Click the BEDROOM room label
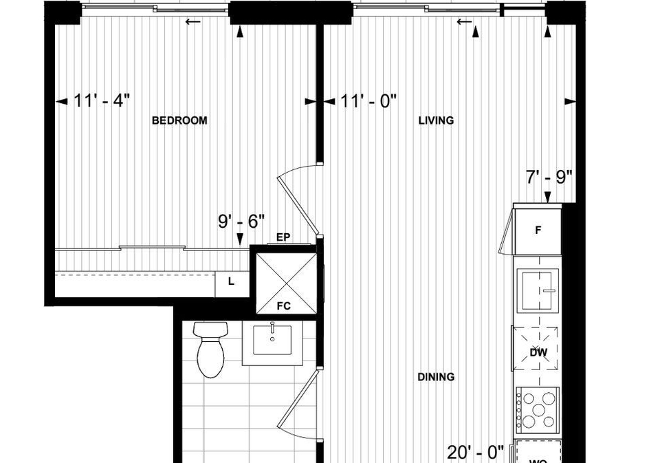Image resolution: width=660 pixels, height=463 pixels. tap(179, 120)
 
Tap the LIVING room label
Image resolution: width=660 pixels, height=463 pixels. tap(436, 120)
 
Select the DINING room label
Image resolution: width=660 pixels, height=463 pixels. tap(436, 376)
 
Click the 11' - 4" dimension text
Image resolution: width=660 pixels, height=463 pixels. tap(102, 101)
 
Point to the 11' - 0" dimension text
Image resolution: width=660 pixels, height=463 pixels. tap(368, 101)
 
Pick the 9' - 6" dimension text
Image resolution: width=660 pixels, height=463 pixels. tap(241, 221)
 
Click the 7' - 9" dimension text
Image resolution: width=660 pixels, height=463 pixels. tap(549, 177)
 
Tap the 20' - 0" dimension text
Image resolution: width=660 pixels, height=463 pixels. tap(476, 453)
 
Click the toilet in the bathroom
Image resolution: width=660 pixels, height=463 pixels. tap(210, 349)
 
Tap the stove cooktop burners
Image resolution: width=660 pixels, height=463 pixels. tap(538, 410)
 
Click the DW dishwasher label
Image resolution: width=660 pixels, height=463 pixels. tap(538, 353)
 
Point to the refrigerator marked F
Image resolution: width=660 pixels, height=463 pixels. tap(538, 230)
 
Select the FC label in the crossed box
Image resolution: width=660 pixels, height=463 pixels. tap(284, 306)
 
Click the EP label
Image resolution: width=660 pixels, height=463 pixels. tap(283, 237)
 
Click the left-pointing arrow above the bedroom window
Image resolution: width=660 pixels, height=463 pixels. tap(192, 22)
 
